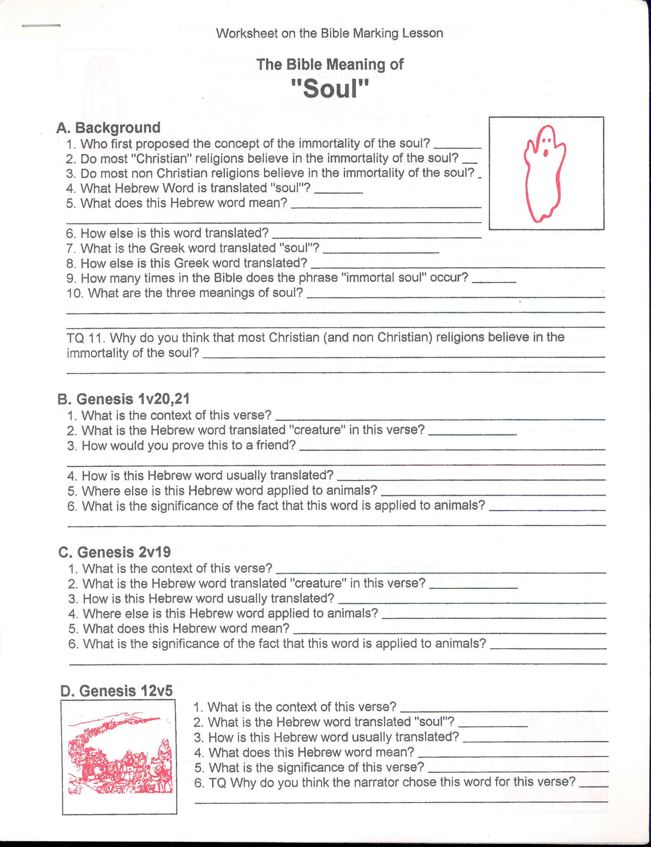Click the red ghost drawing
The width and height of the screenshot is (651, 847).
point(544,174)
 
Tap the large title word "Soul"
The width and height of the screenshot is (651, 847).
point(330,89)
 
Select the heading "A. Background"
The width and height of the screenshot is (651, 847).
point(109,127)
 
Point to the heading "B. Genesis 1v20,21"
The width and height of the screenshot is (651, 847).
point(123,399)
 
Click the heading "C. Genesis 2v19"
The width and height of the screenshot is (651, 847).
point(114,552)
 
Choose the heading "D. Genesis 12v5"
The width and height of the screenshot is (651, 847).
point(116,691)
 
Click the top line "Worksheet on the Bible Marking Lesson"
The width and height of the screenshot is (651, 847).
point(330,33)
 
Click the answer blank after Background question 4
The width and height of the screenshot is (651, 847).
point(338,191)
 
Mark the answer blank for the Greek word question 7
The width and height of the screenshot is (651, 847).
point(381,251)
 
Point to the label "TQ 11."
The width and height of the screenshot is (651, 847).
point(86,338)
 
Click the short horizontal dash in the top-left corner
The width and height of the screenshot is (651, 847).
point(41,26)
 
